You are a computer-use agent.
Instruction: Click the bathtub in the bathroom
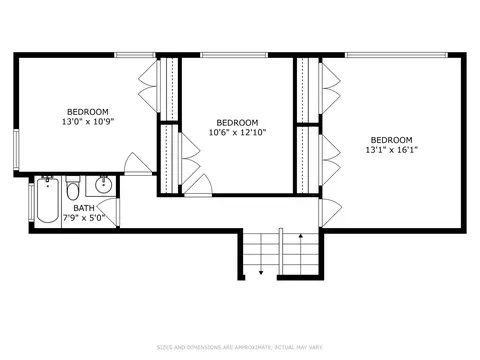[x=48, y=201]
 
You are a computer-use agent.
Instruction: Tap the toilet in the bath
[x=72, y=188]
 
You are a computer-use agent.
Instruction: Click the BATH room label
[x=84, y=208]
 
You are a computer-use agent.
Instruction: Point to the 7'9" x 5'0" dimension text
[x=84, y=218]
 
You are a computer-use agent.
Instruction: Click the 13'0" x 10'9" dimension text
[x=88, y=122]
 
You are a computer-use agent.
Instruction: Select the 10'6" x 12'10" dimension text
[x=237, y=132]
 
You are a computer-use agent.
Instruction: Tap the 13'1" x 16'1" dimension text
[x=392, y=150]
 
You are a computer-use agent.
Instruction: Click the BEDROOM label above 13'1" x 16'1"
[x=392, y=140]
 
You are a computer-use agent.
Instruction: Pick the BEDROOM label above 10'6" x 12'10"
[x=237, y=122]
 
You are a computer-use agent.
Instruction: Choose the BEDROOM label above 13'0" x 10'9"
[x=88, y=112]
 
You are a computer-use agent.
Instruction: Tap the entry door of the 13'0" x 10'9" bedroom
[x=138, y=164]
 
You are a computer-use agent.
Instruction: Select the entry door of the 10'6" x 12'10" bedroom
[x=198, y=185]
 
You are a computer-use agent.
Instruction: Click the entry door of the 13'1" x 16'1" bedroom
[x=330, y=212]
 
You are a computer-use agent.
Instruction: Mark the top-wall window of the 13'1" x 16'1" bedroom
[x=396, y=55]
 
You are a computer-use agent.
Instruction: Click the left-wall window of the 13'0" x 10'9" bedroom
[x=16, y=149]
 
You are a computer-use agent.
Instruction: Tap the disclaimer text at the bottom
[x=240, y=347]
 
